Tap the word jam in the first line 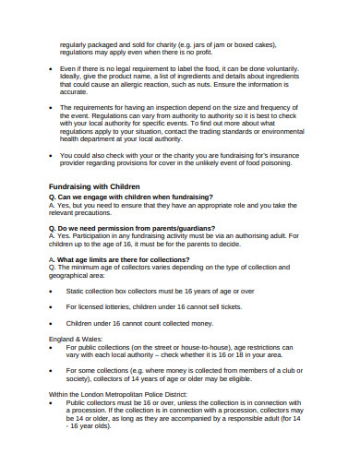244,42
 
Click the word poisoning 271,164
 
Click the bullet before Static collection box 51,291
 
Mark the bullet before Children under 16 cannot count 51,323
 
